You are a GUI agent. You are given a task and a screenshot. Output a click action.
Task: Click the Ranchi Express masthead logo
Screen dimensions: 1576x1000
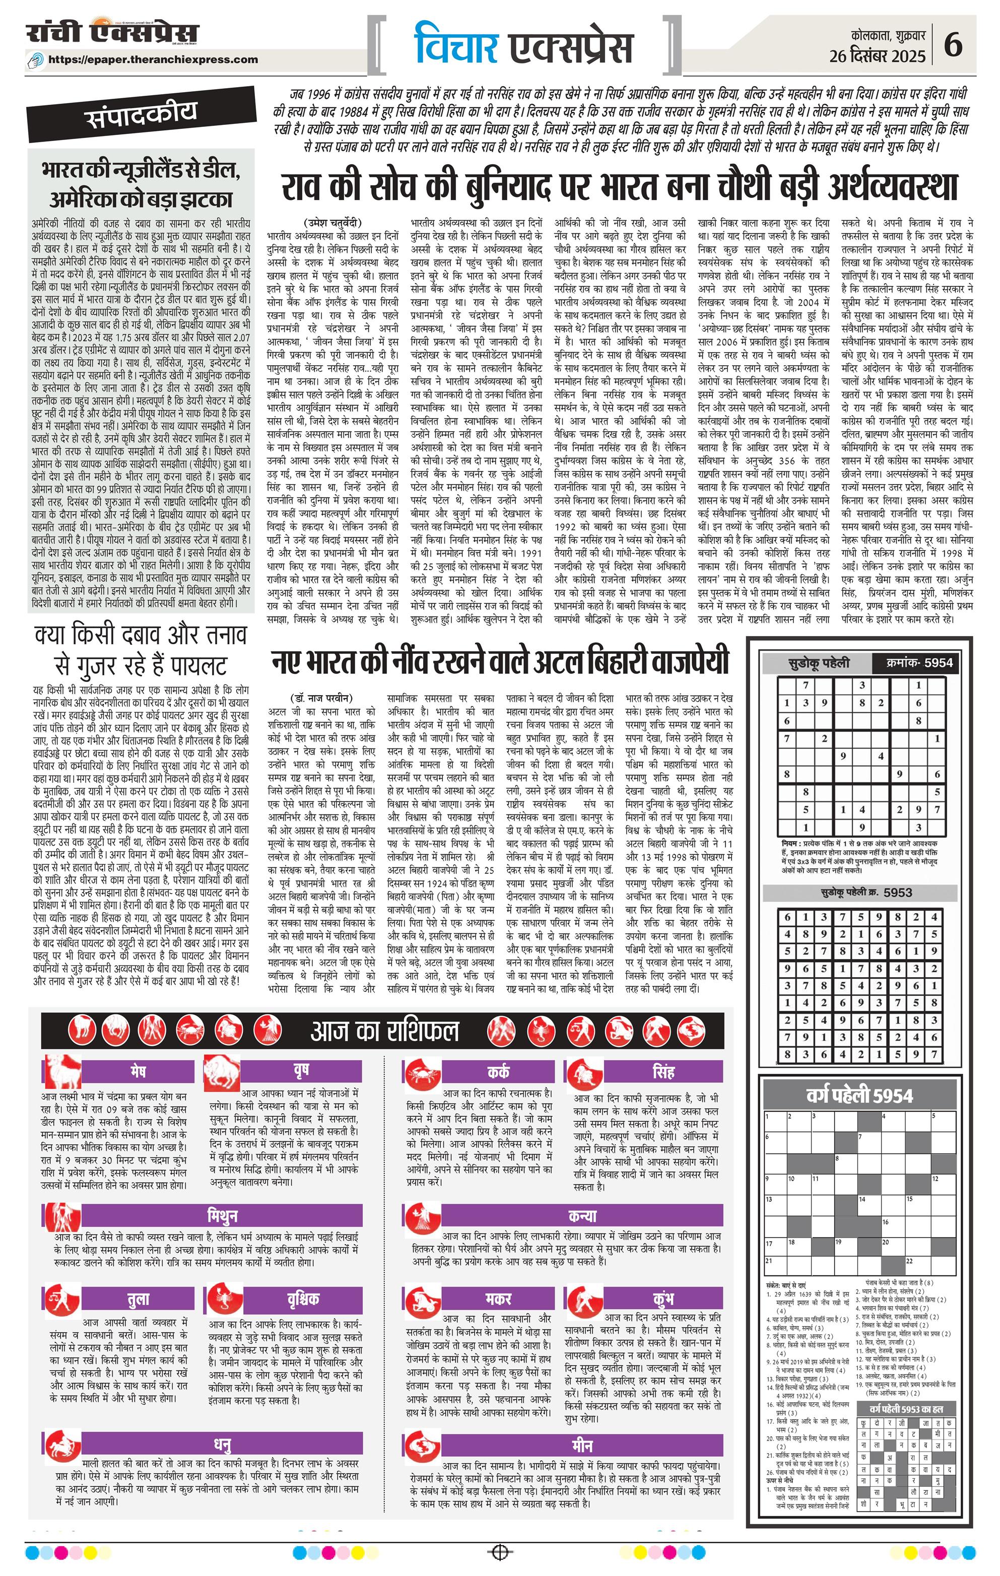[112, 33]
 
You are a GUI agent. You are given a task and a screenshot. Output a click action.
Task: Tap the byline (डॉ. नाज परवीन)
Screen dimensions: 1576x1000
[321, 697]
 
